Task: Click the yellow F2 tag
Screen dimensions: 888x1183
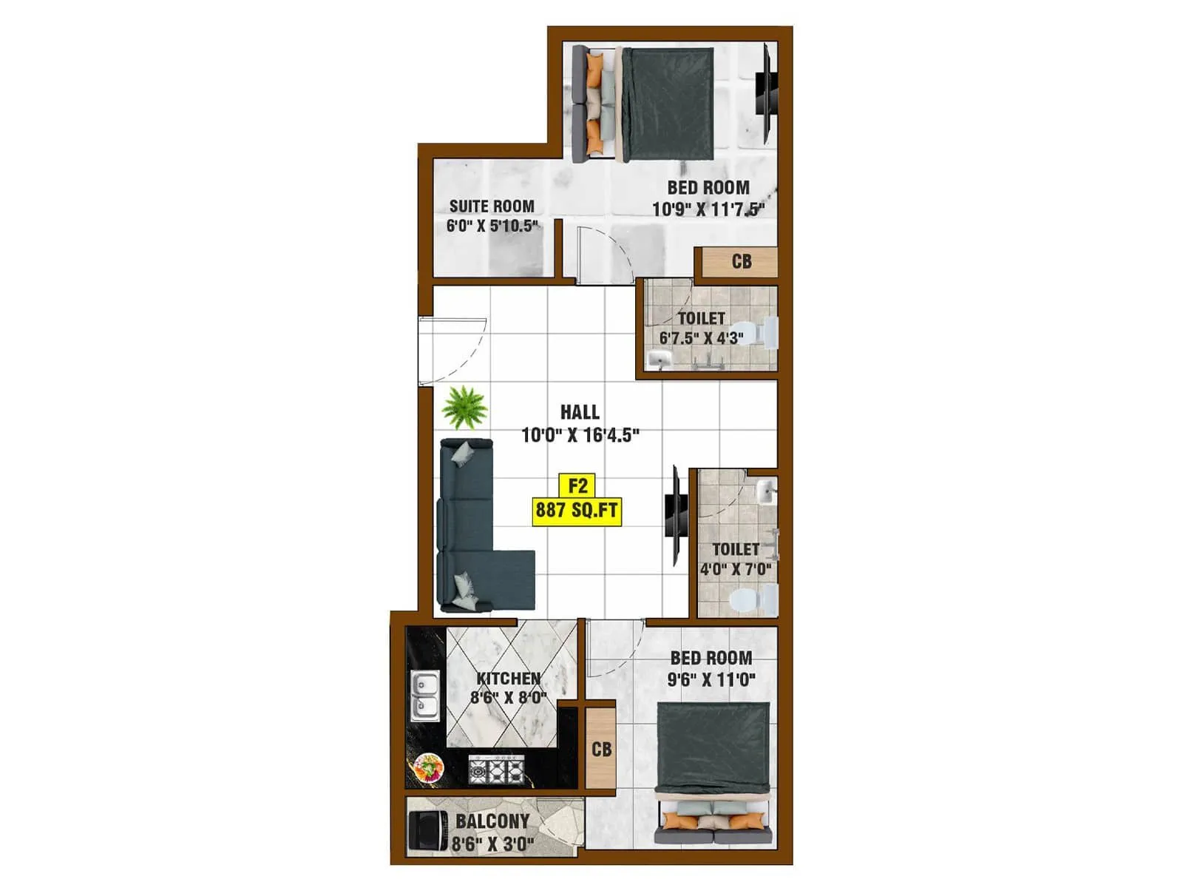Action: coord(577,486)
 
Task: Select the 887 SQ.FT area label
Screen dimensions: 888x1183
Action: coord(577,510)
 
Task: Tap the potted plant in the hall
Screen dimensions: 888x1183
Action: coord(464,406)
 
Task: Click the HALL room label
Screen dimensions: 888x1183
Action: coord(580,412)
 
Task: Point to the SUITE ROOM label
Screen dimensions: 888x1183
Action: coord(492,206)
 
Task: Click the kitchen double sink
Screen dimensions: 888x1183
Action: coord(424,696)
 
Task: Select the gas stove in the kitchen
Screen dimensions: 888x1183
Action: coord(497,770)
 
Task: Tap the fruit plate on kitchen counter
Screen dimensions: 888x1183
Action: coord(429,767)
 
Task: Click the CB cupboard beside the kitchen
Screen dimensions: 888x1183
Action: coord(601,749)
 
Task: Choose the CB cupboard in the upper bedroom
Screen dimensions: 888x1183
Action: coord(741,261)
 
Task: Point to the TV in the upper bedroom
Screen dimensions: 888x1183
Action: coord(766,92)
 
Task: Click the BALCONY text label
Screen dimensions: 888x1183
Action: coord(492,821)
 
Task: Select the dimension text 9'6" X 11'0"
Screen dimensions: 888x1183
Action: coord(711,679)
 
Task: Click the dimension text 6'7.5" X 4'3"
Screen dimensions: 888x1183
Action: coord(701,338)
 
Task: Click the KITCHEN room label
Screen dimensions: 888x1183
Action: coord(508,678)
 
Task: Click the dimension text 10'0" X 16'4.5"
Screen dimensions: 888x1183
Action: coord(580,435)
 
